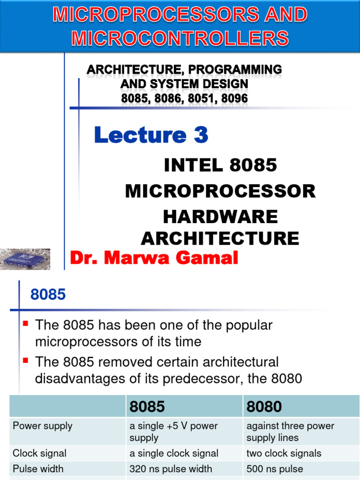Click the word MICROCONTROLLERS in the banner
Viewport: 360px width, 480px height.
point(180,37)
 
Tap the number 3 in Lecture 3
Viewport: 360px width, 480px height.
point(200,135)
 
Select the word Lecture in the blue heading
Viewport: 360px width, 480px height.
point(137,135)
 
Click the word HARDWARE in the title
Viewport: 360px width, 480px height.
point(220,217)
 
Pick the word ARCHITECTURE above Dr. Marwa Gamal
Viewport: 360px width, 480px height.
point(220,238)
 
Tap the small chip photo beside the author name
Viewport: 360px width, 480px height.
point(25,258)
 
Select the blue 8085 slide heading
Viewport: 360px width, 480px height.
point(48,295)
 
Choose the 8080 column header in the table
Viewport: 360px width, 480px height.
point(264,406)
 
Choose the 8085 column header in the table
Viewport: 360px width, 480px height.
point(147,406)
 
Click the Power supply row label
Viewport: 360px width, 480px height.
point(43,426)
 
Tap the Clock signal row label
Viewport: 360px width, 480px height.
point(40,453)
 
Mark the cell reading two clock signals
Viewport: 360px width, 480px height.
point(284,453)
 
